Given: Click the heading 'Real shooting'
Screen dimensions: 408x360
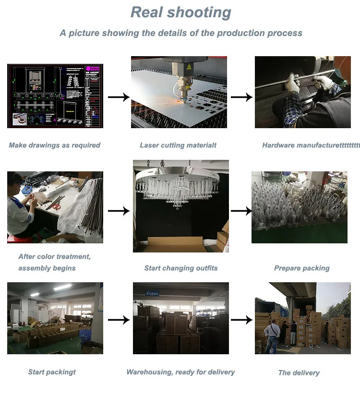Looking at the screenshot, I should [180, 12].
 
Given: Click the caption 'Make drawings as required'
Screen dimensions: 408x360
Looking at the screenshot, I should [54, 145].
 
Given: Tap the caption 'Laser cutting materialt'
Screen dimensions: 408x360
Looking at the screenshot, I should [178, 145].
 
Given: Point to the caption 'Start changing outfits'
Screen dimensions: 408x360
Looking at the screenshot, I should [180, 268].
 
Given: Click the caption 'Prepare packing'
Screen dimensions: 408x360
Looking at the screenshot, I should [301, 268].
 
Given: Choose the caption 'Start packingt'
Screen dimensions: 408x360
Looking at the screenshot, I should [52, 372].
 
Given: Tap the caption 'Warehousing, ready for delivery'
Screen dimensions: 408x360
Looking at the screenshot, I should [180, 372].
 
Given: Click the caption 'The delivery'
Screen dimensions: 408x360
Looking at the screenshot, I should [299, 372].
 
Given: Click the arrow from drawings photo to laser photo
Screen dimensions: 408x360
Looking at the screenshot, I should [119, 97].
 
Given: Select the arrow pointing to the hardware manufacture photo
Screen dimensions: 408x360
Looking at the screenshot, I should [241, 97].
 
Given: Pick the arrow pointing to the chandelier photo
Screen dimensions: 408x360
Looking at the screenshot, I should [119, 210].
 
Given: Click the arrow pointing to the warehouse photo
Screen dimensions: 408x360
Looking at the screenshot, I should [119, 319].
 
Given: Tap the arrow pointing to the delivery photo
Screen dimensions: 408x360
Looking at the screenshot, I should [241, 319].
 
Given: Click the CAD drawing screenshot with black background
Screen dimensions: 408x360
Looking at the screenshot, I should [55, 96].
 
